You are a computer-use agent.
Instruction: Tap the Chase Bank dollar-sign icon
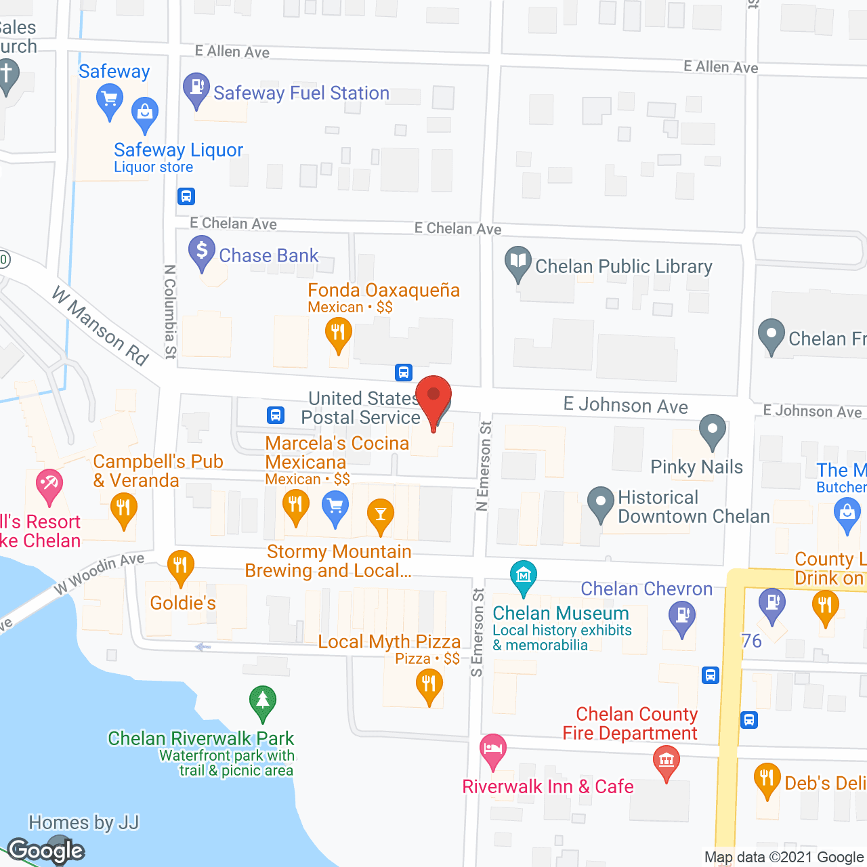point(202,251)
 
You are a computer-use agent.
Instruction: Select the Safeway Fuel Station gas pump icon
point(196,88)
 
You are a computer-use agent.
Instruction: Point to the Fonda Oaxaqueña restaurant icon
point(338,333)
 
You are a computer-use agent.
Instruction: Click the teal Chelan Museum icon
point(523,576)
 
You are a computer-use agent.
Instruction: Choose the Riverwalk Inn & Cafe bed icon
point(493,749)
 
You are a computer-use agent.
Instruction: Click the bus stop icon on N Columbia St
point(186,196)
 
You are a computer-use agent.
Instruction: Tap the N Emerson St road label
point(484,466)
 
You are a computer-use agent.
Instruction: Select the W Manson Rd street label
point(100,326)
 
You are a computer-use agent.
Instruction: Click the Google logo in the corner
point(46,851)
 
